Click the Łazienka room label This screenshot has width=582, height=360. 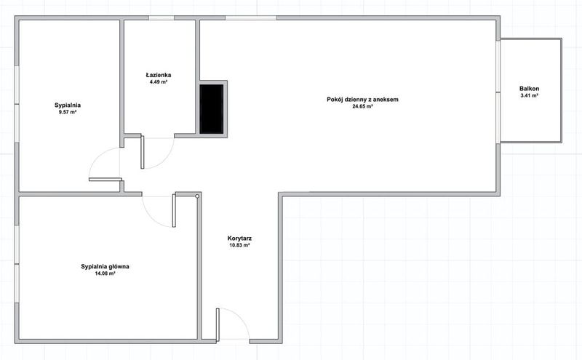(159, 75)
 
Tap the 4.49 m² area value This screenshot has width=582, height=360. (159, 82)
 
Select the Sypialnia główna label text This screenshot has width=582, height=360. (105, 266)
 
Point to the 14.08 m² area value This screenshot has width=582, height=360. (105, 273)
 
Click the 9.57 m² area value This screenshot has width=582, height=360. (68, 112)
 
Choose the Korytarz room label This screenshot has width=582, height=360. (239, 239)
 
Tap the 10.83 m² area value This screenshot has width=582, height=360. (239, 245)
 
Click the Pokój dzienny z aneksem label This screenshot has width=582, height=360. (362, 100)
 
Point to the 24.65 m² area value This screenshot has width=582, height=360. (362, 106)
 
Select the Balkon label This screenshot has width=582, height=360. (530, 89)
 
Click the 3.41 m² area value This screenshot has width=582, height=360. (530, 95)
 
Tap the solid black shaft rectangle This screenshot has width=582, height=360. (212, 109)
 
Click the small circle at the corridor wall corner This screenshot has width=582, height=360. (197, 196)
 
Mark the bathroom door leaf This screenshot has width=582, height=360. (142, 152)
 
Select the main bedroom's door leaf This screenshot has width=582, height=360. (174, 210)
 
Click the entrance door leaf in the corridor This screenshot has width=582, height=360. (218, 324)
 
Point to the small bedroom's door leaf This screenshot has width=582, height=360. (105, 180)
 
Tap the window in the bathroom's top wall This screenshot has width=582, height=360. (162, 17)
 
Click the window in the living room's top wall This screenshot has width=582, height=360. (251, 17)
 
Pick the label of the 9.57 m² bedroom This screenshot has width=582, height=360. (68, 105)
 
